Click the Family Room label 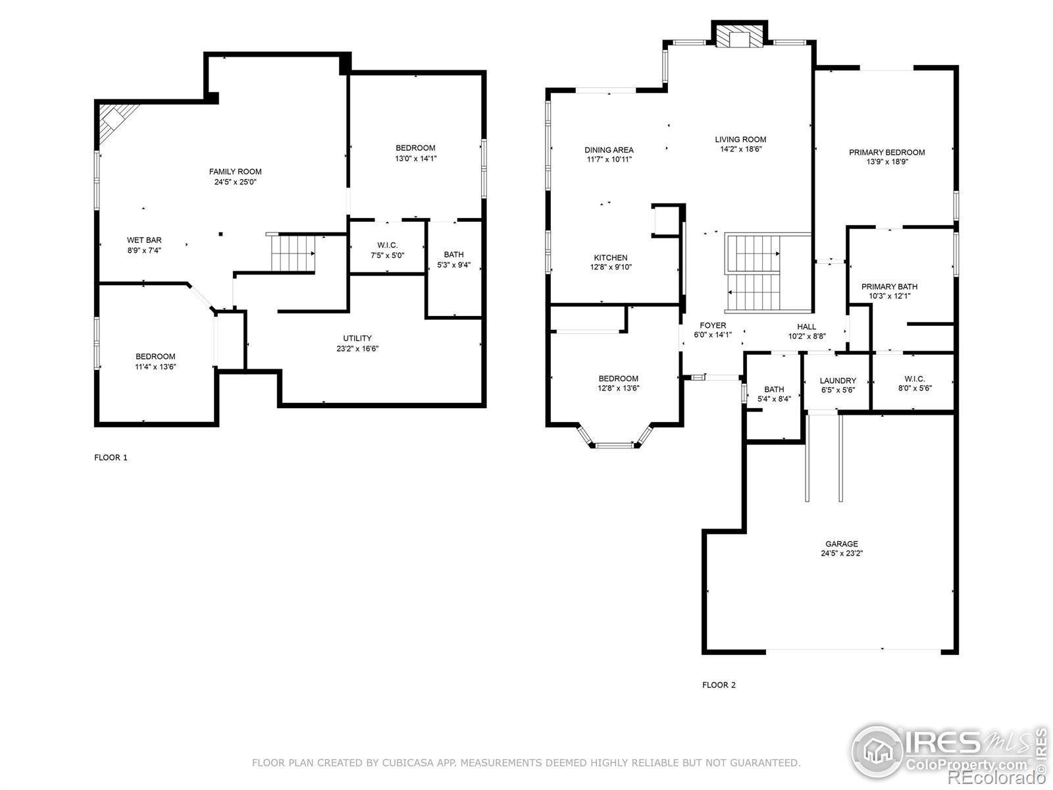tap(235, 172)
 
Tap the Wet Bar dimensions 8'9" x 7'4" tap(144, 250)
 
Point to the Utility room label tap(357, 338)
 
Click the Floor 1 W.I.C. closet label tap(387, 245)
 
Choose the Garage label tap(842, 544)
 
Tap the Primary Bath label tap(889, 286)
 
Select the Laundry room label tap(838, 381)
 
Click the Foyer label tap(713, 325)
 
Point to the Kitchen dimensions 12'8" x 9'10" tap(611, 267)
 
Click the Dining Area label tap(609, 150)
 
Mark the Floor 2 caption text tap(719, 685)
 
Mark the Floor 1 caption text tap(111, 458)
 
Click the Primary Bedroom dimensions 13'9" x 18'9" tap(887, 162)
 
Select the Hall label tap(806, 327)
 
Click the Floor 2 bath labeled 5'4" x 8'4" tap(774, 390)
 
